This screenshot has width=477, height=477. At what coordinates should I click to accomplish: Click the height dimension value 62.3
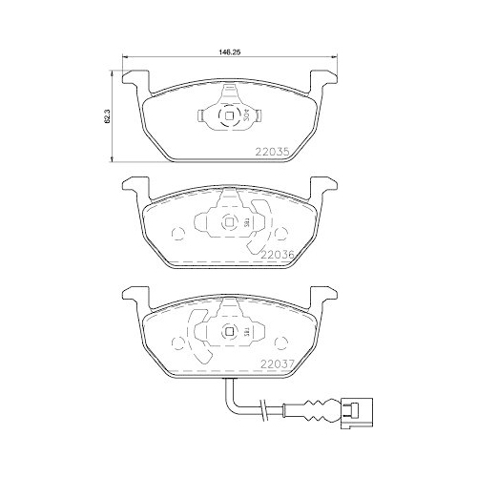(x=109, y=114)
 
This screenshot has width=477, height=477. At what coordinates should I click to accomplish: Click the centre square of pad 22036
(x=231, y=223)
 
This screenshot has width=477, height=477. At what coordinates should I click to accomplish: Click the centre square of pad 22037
(x=231, y=331)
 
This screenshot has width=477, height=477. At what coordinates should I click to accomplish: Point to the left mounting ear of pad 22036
(x=133, y=187)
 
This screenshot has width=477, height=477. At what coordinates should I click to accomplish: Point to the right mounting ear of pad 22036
(x=323, y=187)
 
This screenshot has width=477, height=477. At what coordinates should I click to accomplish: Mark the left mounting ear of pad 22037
(x=133, y=293)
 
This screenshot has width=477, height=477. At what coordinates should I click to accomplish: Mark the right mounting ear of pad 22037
(x=323, y=293)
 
